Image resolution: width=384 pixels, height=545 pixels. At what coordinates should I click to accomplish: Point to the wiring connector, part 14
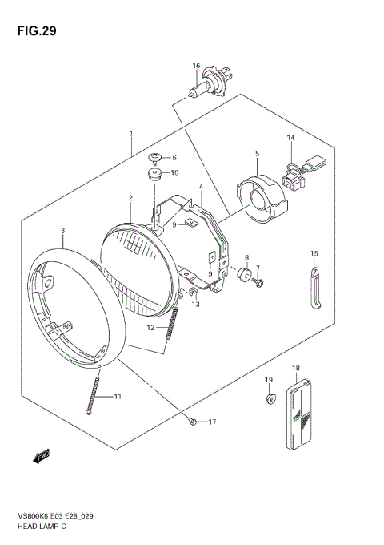point(302,169)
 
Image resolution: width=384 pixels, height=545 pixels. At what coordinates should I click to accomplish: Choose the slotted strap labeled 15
point(314,285)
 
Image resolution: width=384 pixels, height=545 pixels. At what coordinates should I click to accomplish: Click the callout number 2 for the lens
point(130,197)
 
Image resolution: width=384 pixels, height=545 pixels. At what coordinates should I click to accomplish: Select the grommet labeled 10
point(155,173)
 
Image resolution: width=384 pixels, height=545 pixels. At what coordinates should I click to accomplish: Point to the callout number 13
point(196,304)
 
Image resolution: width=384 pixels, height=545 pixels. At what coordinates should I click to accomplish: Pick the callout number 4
point(201,186)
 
